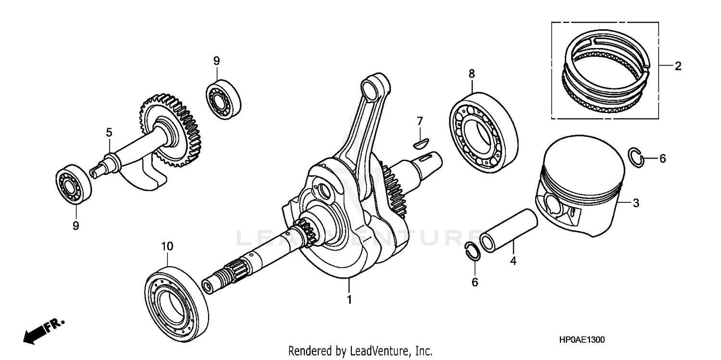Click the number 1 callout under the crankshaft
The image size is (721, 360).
click(x=349, y=299)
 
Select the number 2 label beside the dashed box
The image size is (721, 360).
click(x=678, y=66)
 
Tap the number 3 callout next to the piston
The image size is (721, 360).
click(x=636, y=203)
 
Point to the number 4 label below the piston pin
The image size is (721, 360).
click(x=513, y=261)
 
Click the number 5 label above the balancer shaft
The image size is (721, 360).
click(x=109, y=132)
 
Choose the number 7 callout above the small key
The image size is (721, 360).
click(x=420, y=120)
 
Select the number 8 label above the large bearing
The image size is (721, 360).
click(x=472, y=74)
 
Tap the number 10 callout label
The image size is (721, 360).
click(x=166, y=246)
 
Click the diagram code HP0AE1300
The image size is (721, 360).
click(x=582, y=340)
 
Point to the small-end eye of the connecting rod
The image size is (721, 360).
click(x=373, y=87)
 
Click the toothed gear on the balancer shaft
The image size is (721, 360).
click(x=171, y=130)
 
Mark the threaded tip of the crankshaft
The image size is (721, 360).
click(x=219, y=280)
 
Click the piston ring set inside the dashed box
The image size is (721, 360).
click(x=606, y=72)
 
